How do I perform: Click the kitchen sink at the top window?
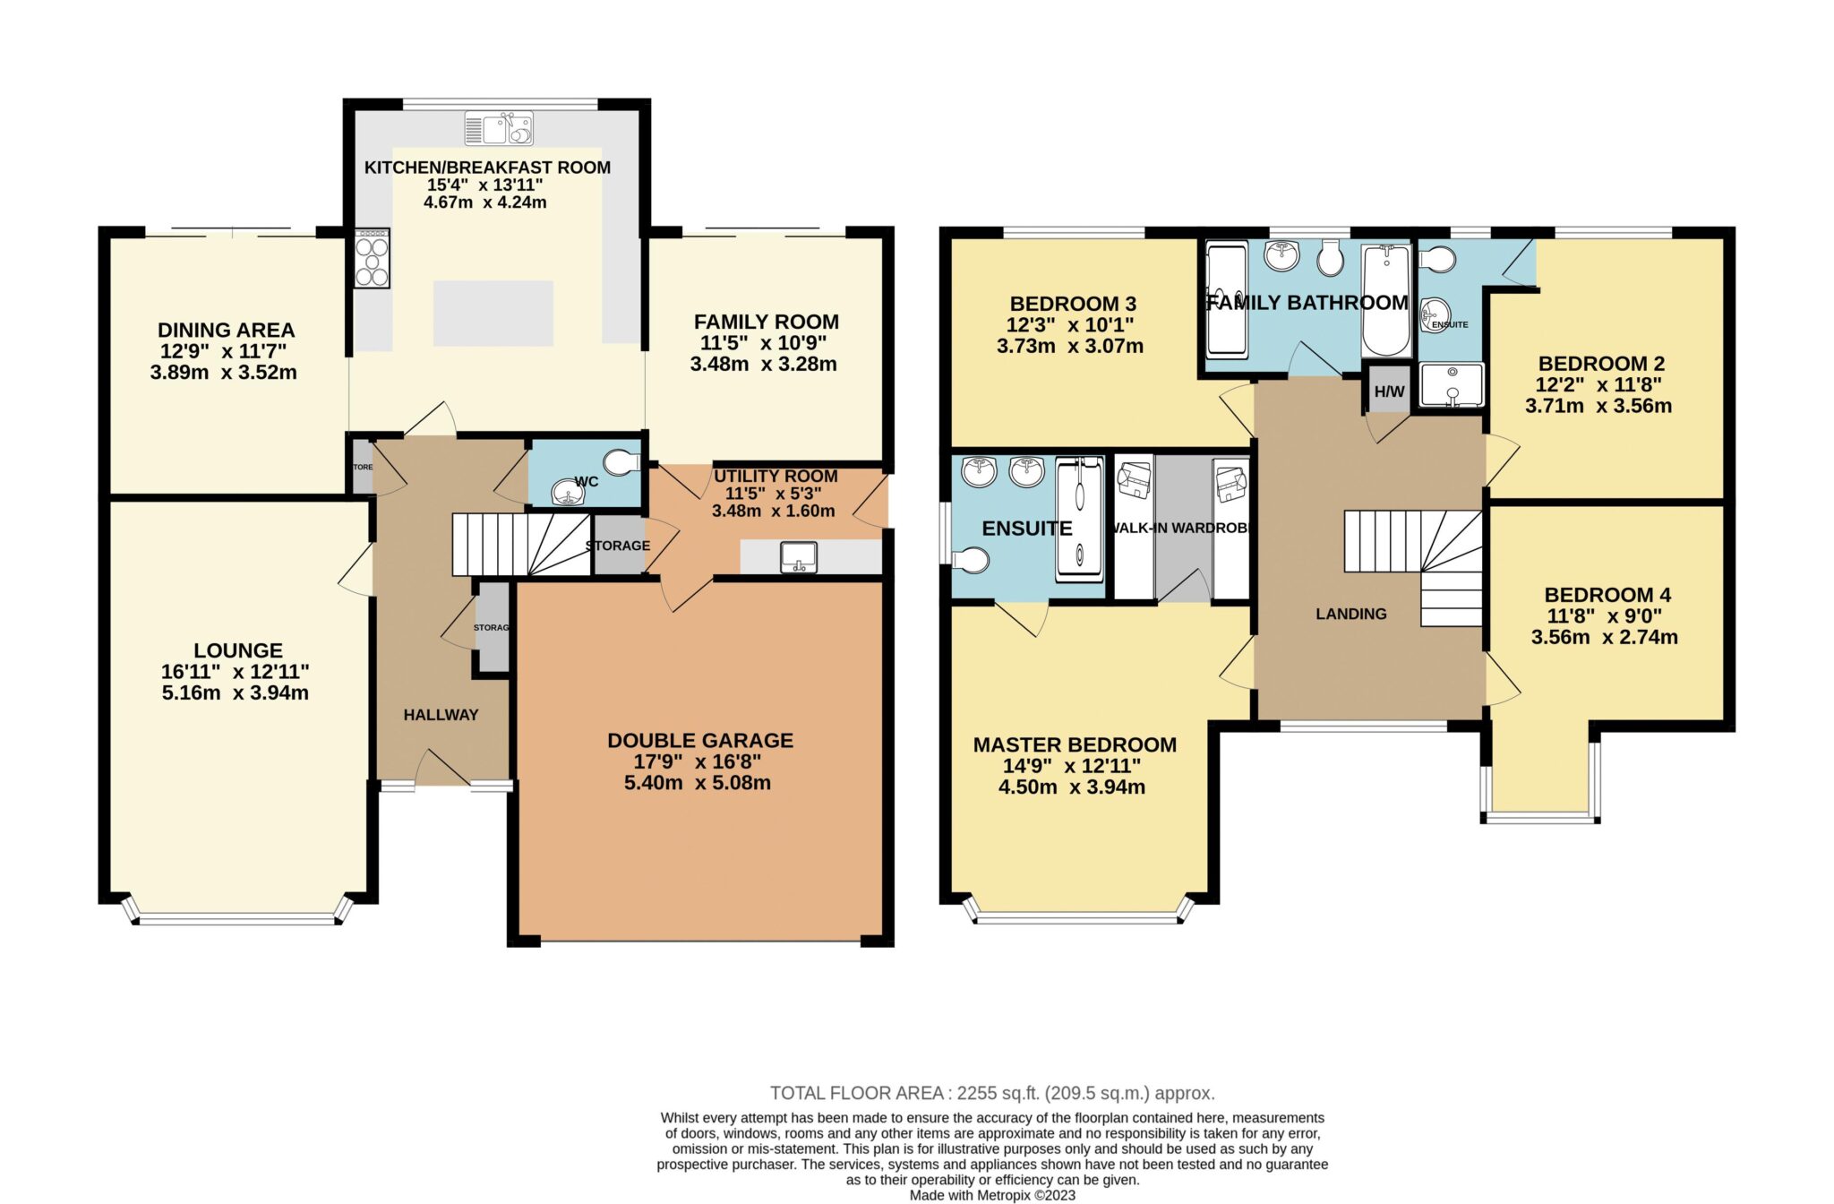tap(499, 129)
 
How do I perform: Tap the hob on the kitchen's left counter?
tap(372, 259)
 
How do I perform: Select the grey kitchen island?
tap(493, 314)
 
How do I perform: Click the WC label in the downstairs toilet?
tap(587, 482)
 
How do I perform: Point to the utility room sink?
tap(798, 557)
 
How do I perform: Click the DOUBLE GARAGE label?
tap(700, 741)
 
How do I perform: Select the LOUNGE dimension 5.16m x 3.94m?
tap(236, 692)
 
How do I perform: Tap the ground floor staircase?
tap(519, 545)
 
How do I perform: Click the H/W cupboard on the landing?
tap(1389, 391)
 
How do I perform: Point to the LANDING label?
tap(1350, 614)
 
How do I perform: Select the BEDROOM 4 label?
tap(1607, 595)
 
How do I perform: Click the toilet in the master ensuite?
tap(971, 561)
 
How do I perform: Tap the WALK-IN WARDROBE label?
tap(1178, 529)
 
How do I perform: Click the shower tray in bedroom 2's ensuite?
tap(1452, 384)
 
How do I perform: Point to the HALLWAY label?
tap(441, 715)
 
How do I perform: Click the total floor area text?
tap(992, 1093)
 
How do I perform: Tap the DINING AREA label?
tap(226, 331)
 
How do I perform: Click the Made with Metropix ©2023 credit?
tap(992, 1195)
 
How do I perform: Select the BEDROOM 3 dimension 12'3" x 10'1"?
tap(1070, 325)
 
